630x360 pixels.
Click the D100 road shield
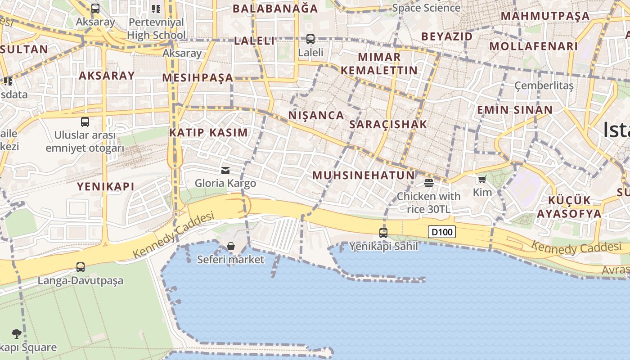[441, 232]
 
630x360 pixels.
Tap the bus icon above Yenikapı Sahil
[383, 233]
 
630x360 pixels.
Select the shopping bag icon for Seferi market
[231, 246]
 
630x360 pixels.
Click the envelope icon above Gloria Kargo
[225, 171]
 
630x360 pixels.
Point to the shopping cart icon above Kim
[482, 180]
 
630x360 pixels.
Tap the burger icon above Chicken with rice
[428, 183]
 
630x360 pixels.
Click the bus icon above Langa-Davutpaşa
[81, 267]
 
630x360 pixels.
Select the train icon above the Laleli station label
[310, 39]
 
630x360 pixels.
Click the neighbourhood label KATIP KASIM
[208, 133]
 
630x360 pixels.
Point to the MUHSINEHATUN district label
[364, 175]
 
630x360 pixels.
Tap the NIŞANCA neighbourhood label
[316, 115]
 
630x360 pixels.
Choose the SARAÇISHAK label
[388, 125]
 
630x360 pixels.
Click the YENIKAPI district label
[106, 186]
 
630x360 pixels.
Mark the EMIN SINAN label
[515, 110]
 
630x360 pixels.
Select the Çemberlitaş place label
[544, 85]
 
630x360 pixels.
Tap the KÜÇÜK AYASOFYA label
[569, 207]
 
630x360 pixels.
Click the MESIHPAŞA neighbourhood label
[198, 78]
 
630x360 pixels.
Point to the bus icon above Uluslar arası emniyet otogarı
[85, 122]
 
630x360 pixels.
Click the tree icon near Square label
[17, 334]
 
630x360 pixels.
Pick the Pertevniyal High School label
[156, 28]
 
